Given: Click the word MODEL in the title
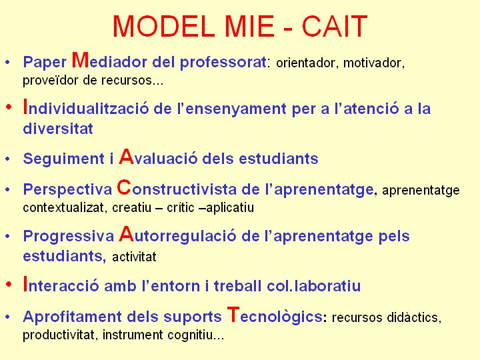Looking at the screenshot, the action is tap(163, 26).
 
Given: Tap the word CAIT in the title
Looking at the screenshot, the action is tap(334, 26).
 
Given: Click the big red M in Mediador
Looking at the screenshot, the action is tap(80, 60).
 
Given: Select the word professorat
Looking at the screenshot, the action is tap(223, 63).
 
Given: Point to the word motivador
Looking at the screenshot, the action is tap(374, 63).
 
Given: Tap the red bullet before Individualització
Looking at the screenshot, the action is tap(9, 107).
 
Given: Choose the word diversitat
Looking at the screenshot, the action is tap(58, 129).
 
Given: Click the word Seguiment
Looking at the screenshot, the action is tap(64, 159).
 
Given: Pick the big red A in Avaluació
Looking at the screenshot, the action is tap(127, 157).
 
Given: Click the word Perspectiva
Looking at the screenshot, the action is tap(67, 190).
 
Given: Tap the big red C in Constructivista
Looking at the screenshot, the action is tap(124, 187).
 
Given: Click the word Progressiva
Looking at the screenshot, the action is tap(69, 237).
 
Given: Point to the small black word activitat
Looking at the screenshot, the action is tap(134, 257).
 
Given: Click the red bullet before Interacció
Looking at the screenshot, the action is tap(9, 285).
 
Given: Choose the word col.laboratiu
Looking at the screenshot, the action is tap(314, 286).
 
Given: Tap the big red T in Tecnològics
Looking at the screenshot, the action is tap(233, 315).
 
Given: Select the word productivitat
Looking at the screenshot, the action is tap(59, 335).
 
